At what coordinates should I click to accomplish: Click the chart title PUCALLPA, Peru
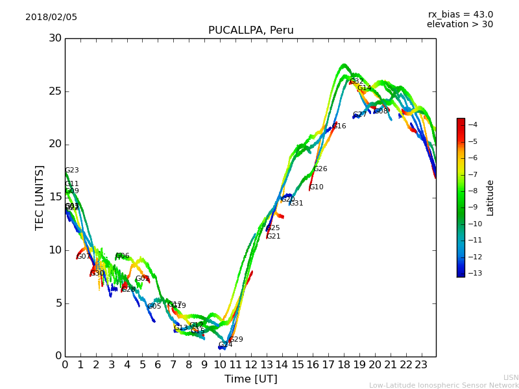tap(250, 30)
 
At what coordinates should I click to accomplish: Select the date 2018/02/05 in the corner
tap(51, 18)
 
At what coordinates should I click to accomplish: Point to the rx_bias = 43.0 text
tap(460, 15)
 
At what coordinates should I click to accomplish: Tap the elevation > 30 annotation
tap(459, 25)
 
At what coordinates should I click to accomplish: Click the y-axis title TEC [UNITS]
tap(40, 197)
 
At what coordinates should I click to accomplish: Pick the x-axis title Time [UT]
tap(250, 379)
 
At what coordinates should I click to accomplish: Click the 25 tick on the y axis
tap(54, 91)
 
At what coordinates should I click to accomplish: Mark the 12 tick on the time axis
tap(251, 365)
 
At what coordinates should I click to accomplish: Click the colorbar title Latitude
tap(490, 198)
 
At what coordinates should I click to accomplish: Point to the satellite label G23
tap(72, 171)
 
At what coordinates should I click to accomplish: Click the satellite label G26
tap(320, 169)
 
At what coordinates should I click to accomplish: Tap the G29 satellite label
tap(236, 340)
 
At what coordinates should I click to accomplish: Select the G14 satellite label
tap(365, 88)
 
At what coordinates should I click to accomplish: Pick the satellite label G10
tap(317, 187)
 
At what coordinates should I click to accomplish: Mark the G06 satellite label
tap(123, 256)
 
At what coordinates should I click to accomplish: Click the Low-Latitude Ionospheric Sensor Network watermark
tap(444, 386)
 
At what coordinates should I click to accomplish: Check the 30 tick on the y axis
tap(54, 38)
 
